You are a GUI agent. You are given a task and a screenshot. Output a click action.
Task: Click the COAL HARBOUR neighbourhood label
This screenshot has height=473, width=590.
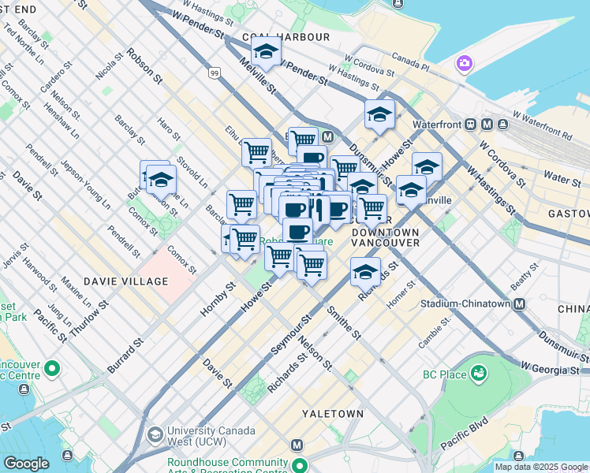[286, 37]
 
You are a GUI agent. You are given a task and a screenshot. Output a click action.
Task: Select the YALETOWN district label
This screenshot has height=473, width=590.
[333, 413]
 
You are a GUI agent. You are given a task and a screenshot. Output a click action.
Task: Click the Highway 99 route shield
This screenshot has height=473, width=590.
[215, 73]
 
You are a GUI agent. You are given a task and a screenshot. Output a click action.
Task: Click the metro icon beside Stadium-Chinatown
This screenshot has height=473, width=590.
[520, 304]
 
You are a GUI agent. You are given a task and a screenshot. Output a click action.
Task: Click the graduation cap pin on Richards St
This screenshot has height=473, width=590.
[365, 271]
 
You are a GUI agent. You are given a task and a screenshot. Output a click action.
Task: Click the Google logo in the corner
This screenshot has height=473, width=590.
[26, 464]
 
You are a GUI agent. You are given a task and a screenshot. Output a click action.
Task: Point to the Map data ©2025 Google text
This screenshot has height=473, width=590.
[541, 467]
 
